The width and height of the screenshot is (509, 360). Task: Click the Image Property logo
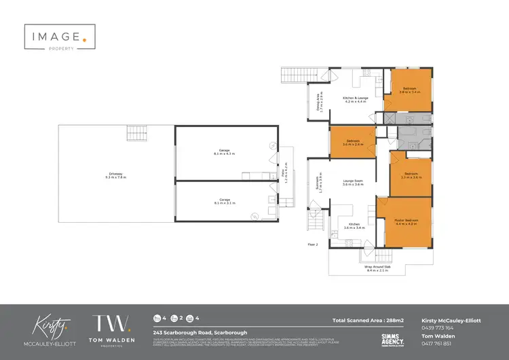pyautogui.click(x=56, y=38)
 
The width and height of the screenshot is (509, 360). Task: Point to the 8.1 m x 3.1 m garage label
pyautogui.click(x=224, y=201)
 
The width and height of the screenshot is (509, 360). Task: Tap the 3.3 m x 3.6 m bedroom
pyautogui.click(x=412, y=175)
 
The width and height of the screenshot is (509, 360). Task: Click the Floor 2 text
pyautogui.click(x=313, y=244)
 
